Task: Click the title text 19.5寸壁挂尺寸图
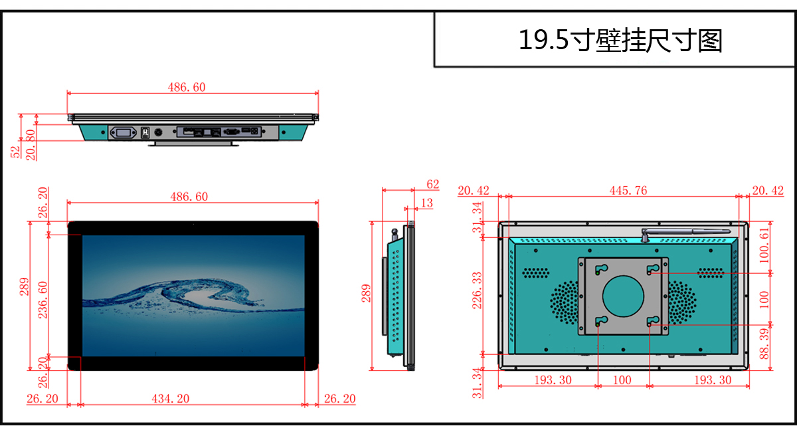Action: tap(620, 41)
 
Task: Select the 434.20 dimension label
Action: tap(171, 398)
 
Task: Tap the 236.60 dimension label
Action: tap(43, 300)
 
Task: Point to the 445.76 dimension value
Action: tap(628, 191)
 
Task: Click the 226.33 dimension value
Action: tap(477, 290)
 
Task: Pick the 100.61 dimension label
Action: tap(764, 245)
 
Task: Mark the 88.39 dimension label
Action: tap(764, 344)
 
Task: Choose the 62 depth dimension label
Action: tap(432, 184)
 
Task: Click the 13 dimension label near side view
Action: tap(426, 203)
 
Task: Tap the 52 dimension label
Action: tap(15, 152)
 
